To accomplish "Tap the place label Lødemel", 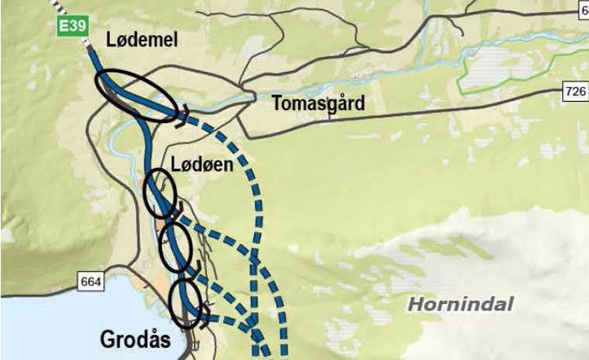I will [141, 41].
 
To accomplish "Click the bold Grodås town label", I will [135, 338].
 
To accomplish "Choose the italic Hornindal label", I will [460, 305].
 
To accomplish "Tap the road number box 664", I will [91, 282].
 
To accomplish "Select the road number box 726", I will [575, 92].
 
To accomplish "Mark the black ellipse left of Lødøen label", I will [160, 194].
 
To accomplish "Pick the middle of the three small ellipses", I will [175, 248].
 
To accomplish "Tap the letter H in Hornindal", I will [413, 305].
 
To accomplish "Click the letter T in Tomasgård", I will [277, 103].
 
